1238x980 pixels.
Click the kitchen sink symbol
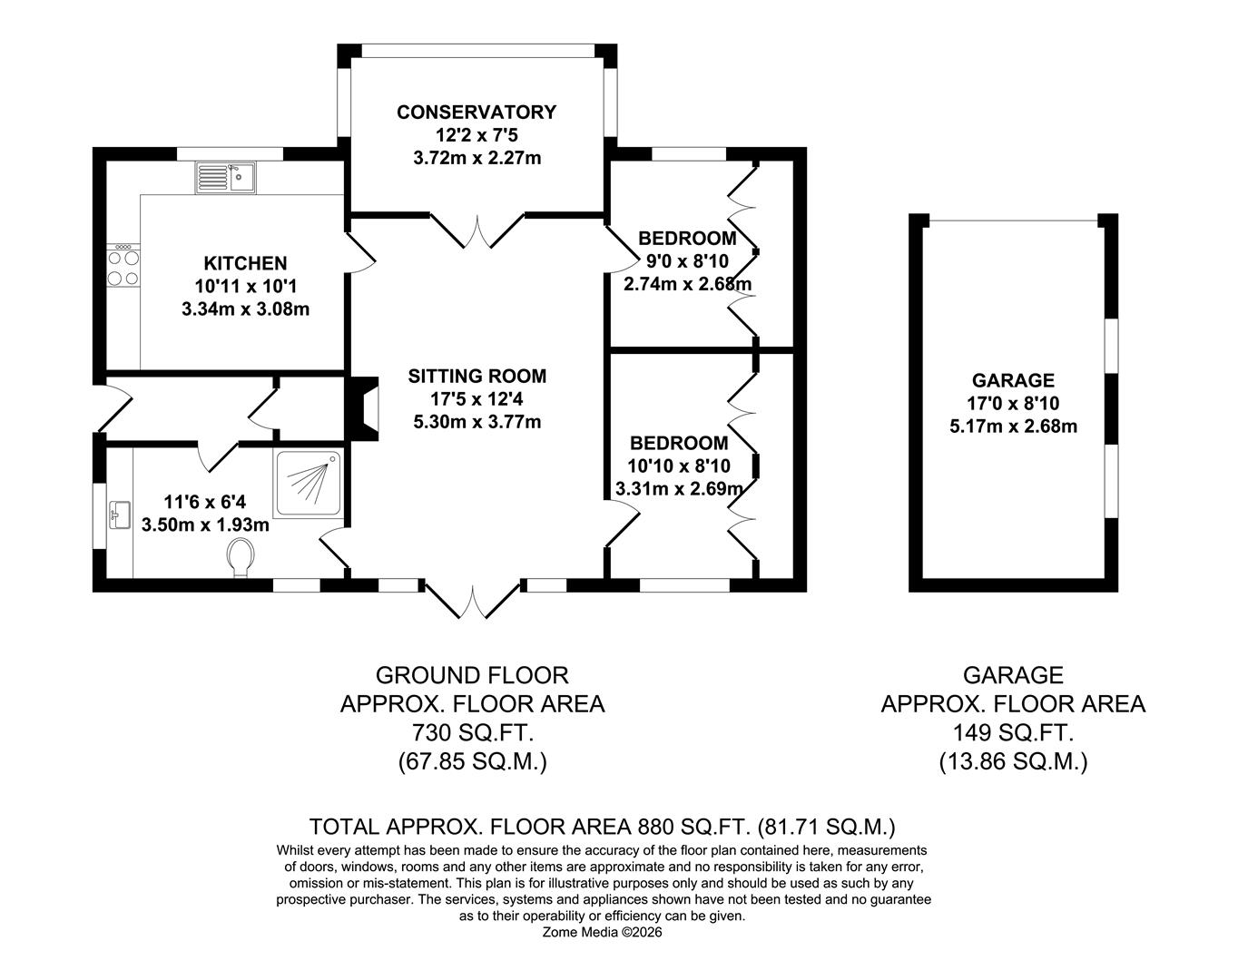226,178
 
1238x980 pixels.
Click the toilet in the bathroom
241,556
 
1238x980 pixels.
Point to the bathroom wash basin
119,514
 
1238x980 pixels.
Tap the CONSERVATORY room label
476,113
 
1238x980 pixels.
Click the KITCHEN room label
245,263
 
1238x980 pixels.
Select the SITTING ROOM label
477,376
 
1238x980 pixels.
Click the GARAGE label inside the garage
1013,380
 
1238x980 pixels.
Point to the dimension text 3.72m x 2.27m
477,158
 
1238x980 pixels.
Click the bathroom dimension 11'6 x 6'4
204,501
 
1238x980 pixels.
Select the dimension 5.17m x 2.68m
1013,426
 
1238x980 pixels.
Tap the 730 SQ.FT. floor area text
472,732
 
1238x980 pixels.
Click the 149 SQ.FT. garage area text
1013,732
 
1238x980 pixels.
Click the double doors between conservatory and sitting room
477,232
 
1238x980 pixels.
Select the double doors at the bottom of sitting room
472,603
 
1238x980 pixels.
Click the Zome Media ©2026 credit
603,932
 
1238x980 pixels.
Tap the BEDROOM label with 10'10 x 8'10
679,443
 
